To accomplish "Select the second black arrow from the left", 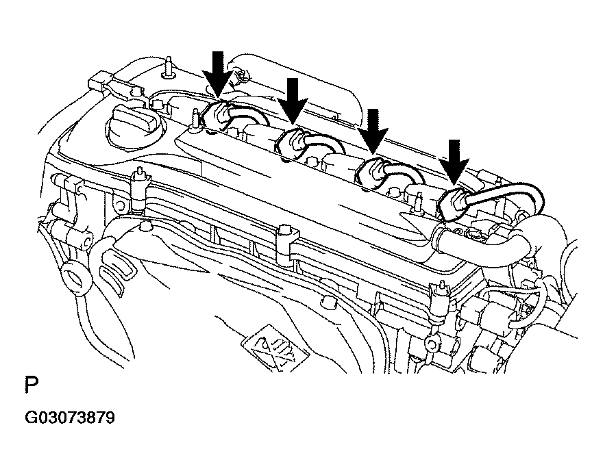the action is pos(293,101).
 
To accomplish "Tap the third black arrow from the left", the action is pos(373,131).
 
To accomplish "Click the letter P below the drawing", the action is pos(32,385).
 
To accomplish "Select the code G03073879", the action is pos(70,418).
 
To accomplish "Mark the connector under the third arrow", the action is pos(370,173).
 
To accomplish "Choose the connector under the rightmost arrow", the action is pos(452,204).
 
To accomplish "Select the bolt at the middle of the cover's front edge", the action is pos(285,239).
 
